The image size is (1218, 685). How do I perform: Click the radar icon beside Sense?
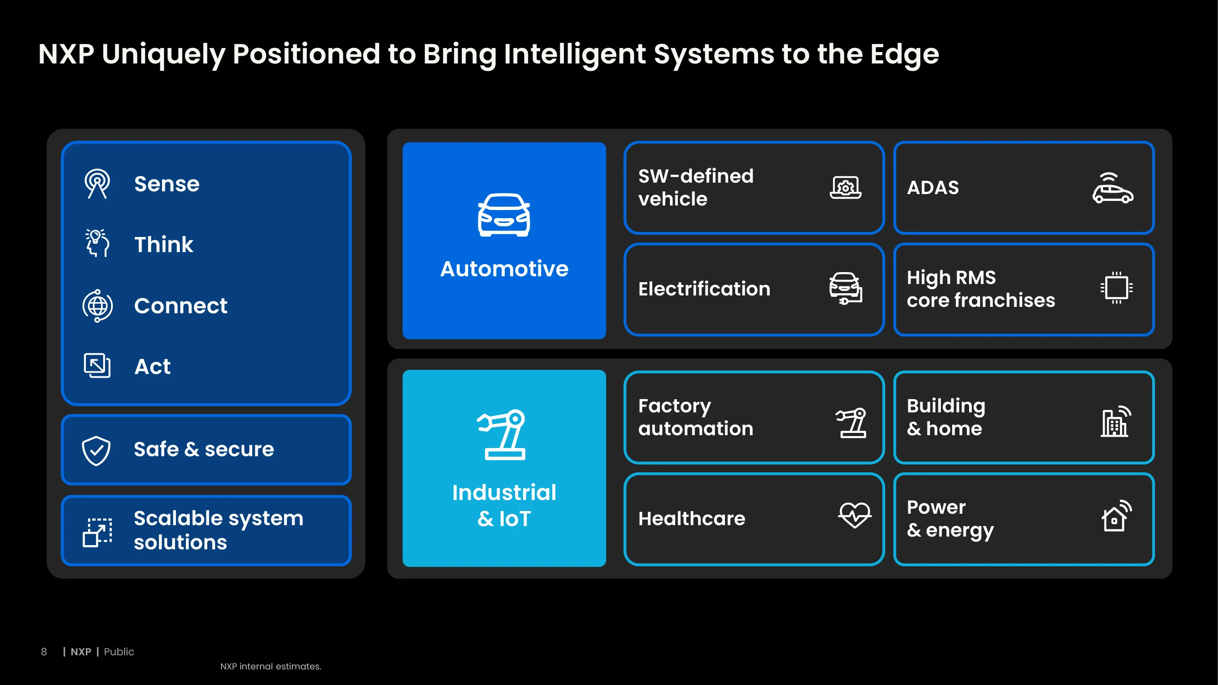(97, 184)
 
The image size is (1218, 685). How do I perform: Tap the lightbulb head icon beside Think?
(97, 243)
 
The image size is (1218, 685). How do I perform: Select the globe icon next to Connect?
(97, 306)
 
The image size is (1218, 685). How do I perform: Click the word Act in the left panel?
(152, 367)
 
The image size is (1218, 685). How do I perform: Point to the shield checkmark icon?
(96, 451)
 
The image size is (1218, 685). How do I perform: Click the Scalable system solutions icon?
(97, 532)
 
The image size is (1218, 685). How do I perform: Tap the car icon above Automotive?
(504, 215)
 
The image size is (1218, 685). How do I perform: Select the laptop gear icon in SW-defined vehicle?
(846, 188)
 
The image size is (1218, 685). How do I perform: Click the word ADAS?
(933, 188)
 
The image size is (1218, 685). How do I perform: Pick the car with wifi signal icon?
(1113, 188)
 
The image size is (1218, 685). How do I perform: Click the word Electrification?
(704, 289)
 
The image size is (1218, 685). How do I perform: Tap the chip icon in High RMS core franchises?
(1116, 287)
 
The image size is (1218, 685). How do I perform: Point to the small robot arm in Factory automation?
(851, 422)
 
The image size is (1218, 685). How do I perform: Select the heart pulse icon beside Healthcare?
(855, 515)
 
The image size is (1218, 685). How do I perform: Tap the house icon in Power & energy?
(1116, 516)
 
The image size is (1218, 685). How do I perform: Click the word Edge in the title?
(905, 54)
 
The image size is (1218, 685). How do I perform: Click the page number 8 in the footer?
(44, 652)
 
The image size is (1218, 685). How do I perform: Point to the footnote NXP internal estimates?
(271, 667)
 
